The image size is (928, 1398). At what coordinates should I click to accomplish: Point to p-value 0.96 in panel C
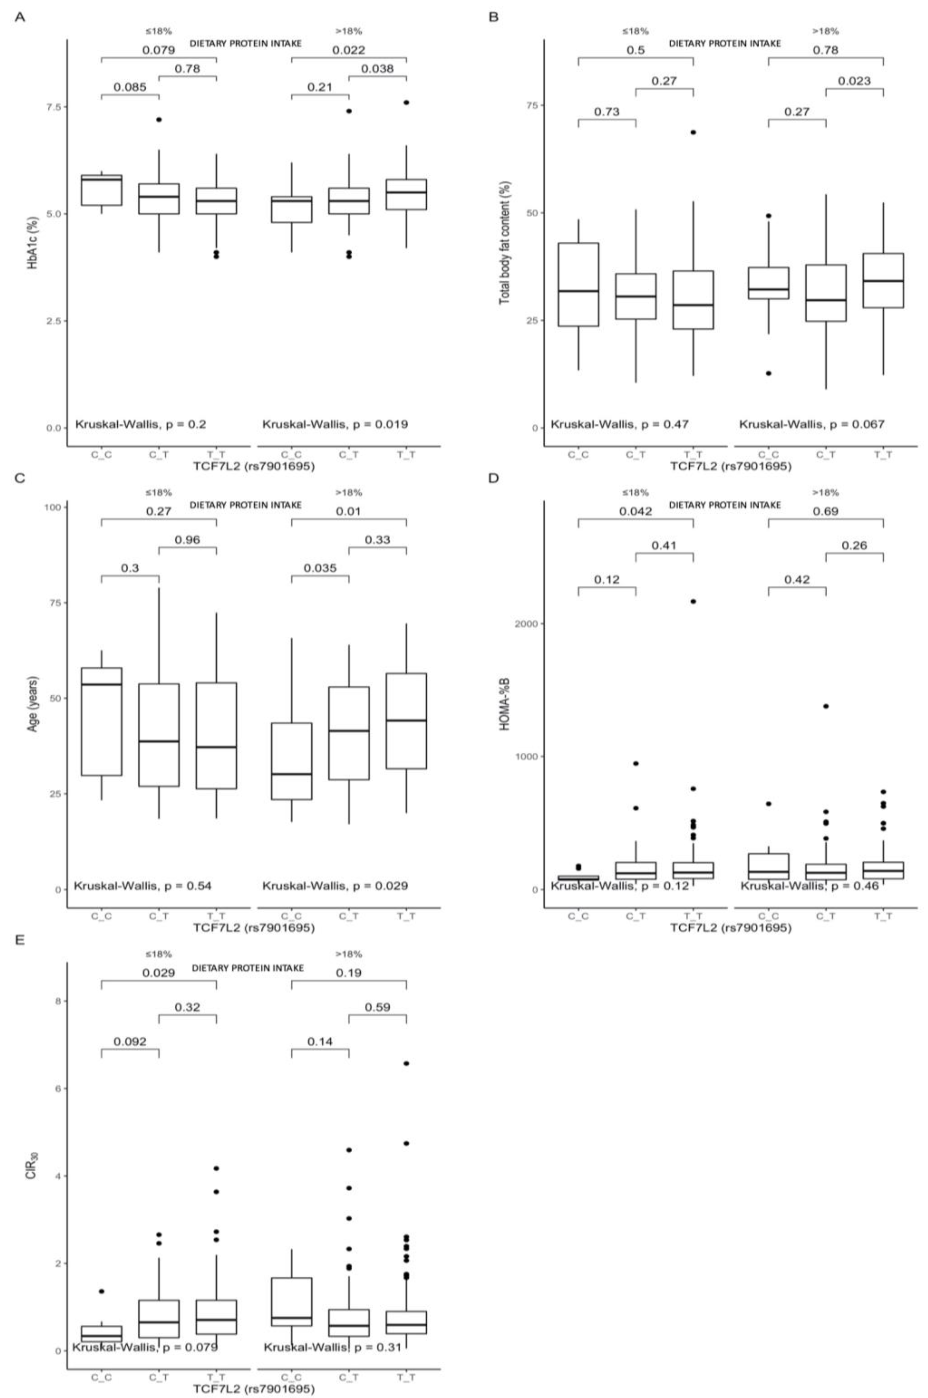[188, 539]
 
